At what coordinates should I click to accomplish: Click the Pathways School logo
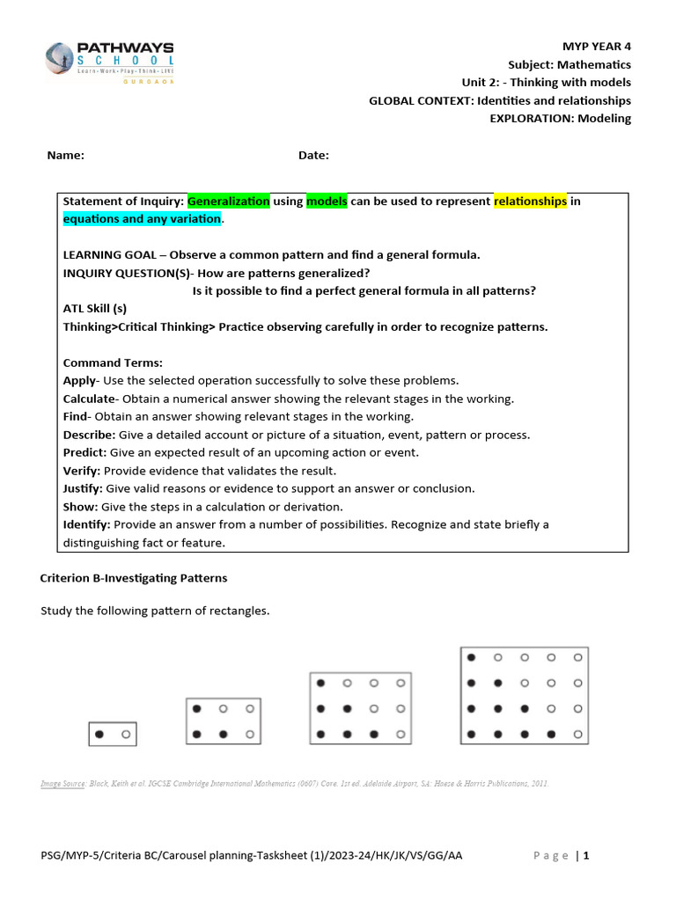[x=109, y=62]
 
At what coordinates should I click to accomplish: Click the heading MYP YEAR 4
[x=596, y=46]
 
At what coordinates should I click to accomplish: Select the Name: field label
[x=65, y=156]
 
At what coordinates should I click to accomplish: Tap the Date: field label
[x=313, y=156]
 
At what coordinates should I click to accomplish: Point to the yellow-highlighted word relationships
[x=530, y=201]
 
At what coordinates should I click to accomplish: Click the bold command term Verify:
[x=82, y=471]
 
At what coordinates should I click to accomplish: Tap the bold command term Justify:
[x=83, y=488]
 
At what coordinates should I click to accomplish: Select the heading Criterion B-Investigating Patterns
[x=134, y=578]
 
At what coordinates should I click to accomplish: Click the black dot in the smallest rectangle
[x=99, y=734]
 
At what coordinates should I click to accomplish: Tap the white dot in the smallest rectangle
[x=126, y=734]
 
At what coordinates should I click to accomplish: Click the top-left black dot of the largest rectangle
[x=472, y=657]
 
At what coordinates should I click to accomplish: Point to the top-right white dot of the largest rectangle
[x=578, y=657]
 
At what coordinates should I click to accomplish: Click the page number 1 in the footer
[x=585, y=856]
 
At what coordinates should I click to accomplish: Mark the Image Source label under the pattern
[x=62, y=782]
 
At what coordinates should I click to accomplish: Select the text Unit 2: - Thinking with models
[x=547, y=82]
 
